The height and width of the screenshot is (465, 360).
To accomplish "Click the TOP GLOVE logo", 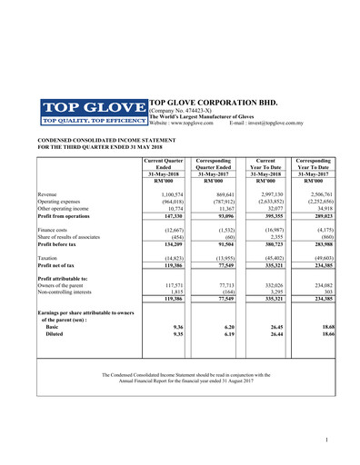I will tap(92, 111).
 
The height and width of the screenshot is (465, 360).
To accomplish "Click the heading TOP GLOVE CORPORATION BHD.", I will tap(214, 103).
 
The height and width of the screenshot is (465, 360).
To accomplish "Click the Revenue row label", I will tap(47, 194).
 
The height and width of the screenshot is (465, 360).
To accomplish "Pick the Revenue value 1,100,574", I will tap(172, 194).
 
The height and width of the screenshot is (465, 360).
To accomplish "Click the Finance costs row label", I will tap(55, 231).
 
